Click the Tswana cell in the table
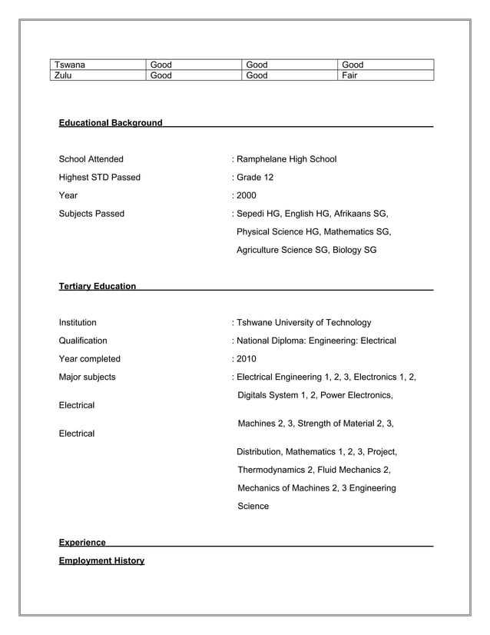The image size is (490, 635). point(69,65)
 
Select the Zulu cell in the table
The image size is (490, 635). point(64,75)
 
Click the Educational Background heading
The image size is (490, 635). point(111,123)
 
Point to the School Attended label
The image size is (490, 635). point(91,159)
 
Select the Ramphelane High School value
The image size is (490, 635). point(286,159)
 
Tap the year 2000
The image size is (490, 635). point(246,195)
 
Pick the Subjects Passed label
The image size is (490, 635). point(91,214)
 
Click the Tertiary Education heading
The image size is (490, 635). point(98,287)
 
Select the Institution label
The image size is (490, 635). point(78,322)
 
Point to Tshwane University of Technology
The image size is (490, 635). point(303,322)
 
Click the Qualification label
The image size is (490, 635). point(83,341)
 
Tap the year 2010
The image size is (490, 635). point(246,358)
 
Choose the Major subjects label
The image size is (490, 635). point(88,377)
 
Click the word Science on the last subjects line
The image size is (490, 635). point(253,506)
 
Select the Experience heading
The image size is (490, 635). point(82,543)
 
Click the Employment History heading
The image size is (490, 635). point(101,560)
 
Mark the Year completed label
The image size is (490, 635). point(90,358)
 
